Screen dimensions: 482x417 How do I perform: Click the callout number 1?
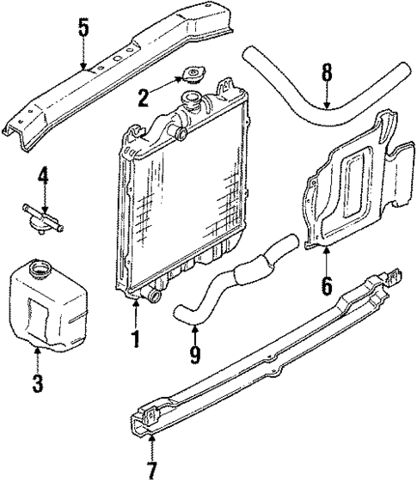pos(134,339)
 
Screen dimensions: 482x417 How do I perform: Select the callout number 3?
pos(37,381)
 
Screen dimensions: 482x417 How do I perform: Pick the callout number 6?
pos(327,284)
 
